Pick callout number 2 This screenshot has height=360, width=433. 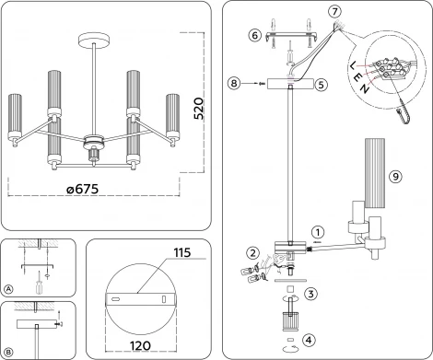coord(251,252)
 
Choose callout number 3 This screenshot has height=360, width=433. coord(310,294)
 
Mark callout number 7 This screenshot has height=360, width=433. coord(334,11)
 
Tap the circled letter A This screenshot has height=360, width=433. coord(8,288)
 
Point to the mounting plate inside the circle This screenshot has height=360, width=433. coord(140,300)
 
